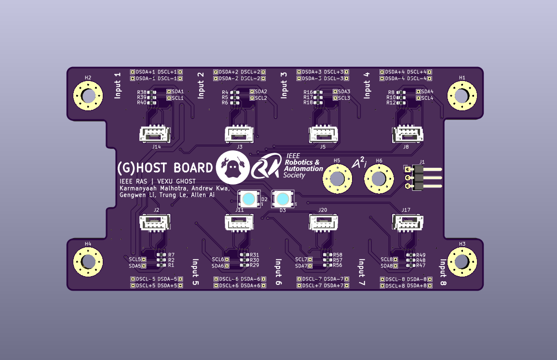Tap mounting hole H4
click(x=88, y=262)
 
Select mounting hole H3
click(x=462, y=262)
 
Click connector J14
click(x=155, y=134)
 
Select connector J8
click(x=408, y=134)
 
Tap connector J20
click(x=323, y=222)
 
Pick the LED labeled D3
click(x=282, y=199)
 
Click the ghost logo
click(x=232, y=167)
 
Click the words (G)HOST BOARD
click(x=165, y=168)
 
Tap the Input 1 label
click(x=118, y=86)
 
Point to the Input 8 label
click(x=443, y=272)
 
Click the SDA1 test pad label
click(x=178, y=91)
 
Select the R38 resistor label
click(x=141, y=92)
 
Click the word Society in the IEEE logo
click(x=295, y=176)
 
